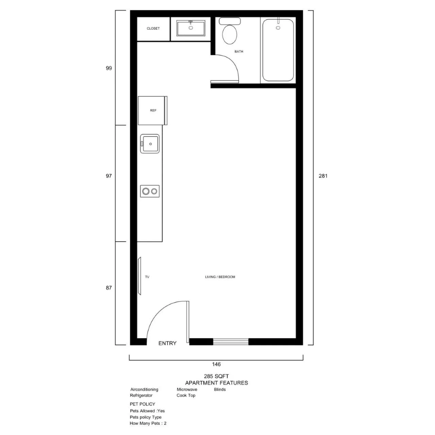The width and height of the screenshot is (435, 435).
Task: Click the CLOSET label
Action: click(153, 29)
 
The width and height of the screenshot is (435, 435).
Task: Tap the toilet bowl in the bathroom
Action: click(230, 35)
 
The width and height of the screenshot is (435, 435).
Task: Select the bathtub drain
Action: click(278, 28)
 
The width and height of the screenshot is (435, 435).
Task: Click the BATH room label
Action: click(239, 51)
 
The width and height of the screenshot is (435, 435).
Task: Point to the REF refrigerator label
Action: click(153, 110)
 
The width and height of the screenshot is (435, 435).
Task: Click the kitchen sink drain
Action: click(151, 144)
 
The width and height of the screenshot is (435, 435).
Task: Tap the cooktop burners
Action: click(150, 191)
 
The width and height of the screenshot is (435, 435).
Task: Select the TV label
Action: click(147, 277)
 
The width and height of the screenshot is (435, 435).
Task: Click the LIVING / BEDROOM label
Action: click(220, 277)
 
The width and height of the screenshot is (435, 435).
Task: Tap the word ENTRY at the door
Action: click(167, 343)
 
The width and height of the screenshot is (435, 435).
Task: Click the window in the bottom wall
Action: click(231, 342)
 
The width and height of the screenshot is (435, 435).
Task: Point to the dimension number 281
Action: click(323, 176)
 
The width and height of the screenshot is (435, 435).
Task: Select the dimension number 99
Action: click(109, 68)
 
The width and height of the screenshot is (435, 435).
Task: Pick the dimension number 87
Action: click(109, 288)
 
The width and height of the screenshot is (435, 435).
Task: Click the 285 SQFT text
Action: click(216, 376)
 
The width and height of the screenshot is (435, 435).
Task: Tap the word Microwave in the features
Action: click(187, 389)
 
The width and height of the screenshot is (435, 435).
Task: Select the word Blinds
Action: click(220, 389)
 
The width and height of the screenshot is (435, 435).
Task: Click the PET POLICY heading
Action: click(142, 404)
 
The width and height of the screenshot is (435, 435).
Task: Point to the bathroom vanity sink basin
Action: click(191, 28)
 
